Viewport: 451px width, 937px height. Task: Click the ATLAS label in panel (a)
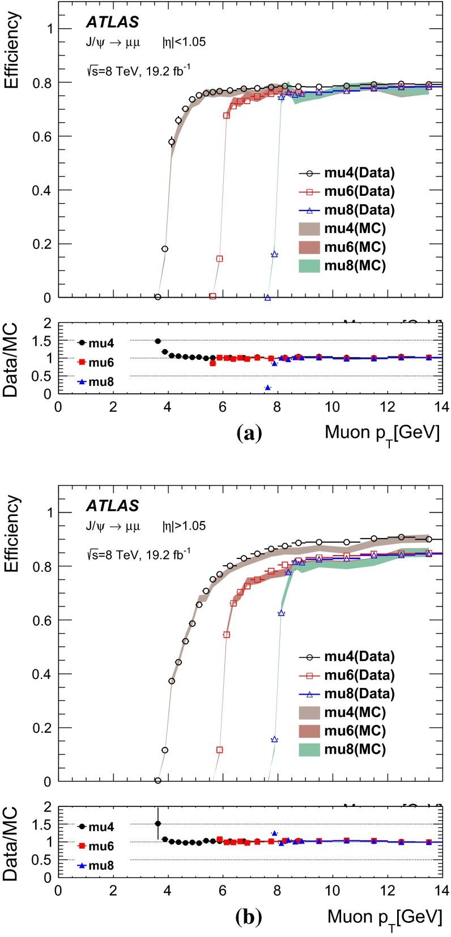point(112,22)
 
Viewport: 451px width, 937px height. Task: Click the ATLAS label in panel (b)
point(112,505)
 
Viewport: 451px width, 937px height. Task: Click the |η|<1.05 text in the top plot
point(184,42)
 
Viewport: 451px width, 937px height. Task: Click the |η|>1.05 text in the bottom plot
point(184,526)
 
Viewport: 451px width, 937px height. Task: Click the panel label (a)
point(248,433)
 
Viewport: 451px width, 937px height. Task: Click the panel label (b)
point(248,917)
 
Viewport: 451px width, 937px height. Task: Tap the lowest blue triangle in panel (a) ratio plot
point(267,388)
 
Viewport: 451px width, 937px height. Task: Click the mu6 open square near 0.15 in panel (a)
point(219,259)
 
